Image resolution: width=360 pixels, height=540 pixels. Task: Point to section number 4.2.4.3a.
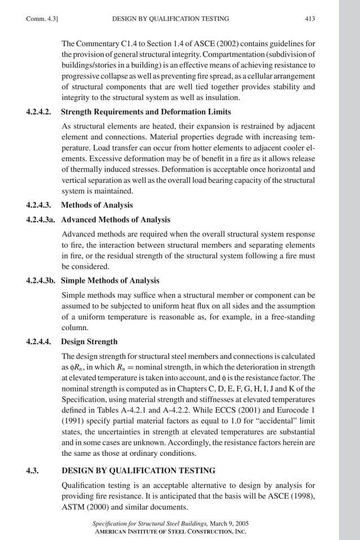[x=42, y=219]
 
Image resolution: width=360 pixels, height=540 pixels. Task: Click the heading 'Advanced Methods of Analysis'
[x=116, y=219]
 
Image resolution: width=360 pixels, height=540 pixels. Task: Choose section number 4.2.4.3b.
[x=42, y=280]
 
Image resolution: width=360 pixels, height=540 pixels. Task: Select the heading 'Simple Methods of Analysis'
[x=110, y=280]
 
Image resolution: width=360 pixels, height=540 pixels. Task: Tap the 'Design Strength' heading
[x=89, y=341]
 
